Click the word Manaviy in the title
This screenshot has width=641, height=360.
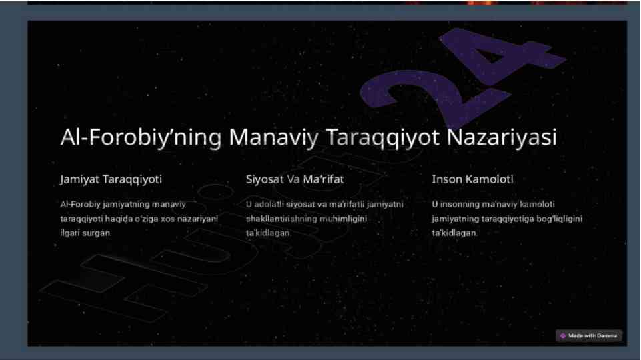coord(273,137)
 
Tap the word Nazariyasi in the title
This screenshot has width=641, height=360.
coord(501,137)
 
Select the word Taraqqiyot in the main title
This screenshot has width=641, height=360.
coord(382,137)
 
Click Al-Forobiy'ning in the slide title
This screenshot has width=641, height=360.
coord(141,137)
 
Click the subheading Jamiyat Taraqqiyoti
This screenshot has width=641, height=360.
coord(111,179)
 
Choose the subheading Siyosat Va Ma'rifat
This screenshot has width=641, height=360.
coord(295,179)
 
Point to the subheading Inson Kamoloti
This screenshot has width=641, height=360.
coord(472,179)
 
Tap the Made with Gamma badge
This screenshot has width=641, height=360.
coord(589,335)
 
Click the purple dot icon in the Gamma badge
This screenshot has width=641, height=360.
coord(563,336)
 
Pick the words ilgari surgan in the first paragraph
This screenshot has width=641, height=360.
coord(86,233)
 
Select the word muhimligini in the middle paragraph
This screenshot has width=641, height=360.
coord(343,219)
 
